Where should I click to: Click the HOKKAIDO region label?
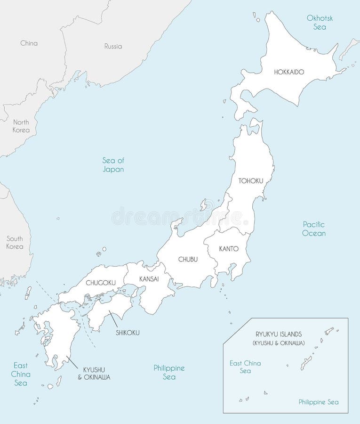(289, 72)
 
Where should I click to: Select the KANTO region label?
(229, 248)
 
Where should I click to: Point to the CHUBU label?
(188, 259)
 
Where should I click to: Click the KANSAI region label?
(149, 279)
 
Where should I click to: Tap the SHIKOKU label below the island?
(127, 332)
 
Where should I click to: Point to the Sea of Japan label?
(113, 165)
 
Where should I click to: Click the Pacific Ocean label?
(314, 229)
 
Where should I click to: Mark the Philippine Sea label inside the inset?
(319, 402)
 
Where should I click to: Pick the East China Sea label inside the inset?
(245, 367)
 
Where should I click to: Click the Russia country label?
(113, 46)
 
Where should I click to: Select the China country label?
(29, 43)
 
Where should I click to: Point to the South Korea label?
(15, 242)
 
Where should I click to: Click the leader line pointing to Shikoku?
(113, 319)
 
